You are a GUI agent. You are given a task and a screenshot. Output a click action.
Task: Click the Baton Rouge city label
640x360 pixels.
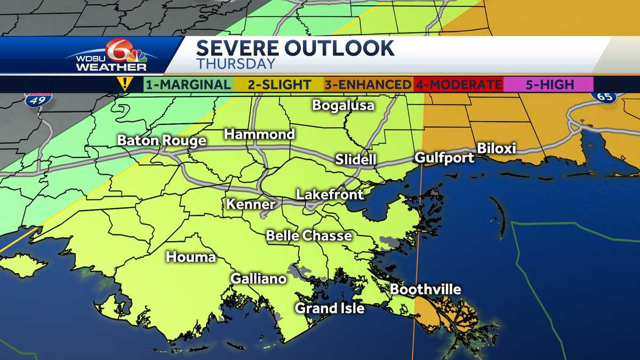click(162, 141)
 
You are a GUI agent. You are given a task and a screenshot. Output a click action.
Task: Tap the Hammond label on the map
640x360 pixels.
click(259, 134)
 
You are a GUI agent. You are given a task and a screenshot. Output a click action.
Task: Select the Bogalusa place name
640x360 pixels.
click(343, 105)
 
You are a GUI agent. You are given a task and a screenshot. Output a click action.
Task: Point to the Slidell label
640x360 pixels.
click(356, 159)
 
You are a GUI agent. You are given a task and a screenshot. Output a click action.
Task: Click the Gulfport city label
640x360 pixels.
click(444, 158)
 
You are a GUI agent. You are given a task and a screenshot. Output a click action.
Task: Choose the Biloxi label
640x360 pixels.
click(496, 148)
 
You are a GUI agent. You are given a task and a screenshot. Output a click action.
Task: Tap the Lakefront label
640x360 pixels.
click(330, 195)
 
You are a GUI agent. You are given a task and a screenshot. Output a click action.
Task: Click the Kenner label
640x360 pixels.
click(251, 204)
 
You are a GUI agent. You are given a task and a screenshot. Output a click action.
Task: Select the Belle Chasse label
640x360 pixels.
click(309, 235)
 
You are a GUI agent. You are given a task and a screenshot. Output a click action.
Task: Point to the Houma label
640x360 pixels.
click(191, 257)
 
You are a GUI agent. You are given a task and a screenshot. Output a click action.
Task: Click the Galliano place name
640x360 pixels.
click(258, 278)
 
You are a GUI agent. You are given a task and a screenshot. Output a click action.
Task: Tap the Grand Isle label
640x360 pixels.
click(330, 308)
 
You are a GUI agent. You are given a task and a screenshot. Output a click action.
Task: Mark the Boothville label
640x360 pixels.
click(426, 290)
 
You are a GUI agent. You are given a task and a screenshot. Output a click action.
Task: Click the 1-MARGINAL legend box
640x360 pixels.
click(188, 84)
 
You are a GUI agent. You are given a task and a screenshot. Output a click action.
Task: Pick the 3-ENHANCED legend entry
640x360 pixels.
click(367, 84)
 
